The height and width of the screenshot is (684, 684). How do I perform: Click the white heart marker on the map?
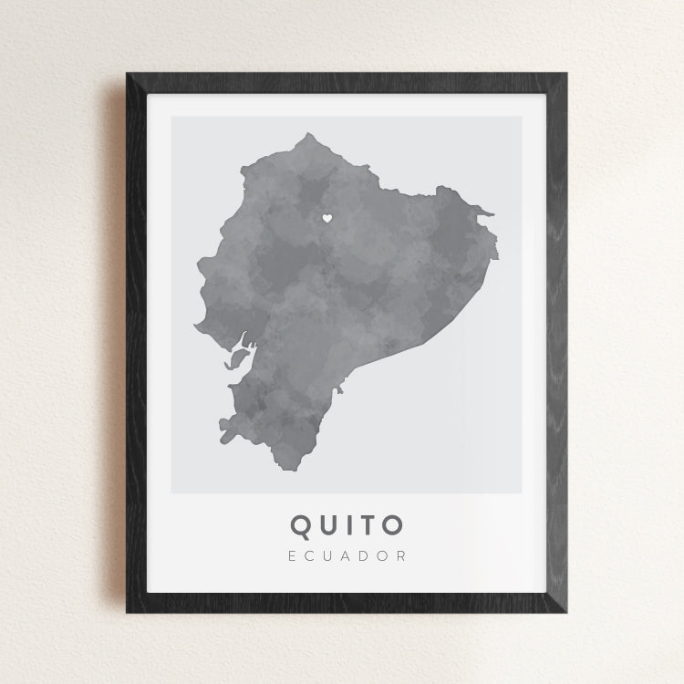[x=326, y=218]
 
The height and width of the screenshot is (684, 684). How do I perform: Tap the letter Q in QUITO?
[x=301, y=525]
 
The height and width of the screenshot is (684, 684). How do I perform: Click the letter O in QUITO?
[x=391, y=525]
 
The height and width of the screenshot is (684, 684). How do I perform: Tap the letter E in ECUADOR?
[x=291, y=555]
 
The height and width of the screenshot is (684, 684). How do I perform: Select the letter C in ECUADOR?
[x=309, y=555]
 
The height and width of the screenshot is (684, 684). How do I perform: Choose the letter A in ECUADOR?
[x=347, y=555]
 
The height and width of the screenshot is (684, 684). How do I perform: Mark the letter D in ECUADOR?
[x=366, y=555]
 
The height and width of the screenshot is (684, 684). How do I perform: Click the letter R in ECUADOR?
[x=402, y=555]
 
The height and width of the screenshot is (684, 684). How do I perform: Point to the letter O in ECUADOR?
[x=384, y=555]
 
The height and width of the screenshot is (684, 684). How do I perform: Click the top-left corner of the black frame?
[x=127, y=72]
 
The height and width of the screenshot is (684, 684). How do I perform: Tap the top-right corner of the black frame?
[x=566, y=72]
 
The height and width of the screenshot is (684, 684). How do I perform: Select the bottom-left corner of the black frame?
[x=127, y=612]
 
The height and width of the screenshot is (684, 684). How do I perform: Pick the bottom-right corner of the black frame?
[x=566, y=612]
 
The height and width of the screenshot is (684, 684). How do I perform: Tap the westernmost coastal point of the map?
[x=193, y=326]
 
